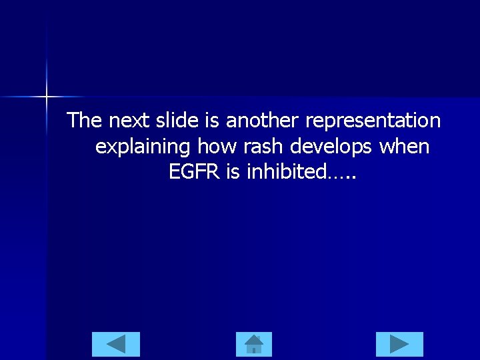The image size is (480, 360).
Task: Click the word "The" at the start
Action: coord(85,121)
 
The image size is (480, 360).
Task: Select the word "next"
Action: coord(131,121)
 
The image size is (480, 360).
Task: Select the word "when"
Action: coord(405,146)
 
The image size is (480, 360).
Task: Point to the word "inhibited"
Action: coord(287,171)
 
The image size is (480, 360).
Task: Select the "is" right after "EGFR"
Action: coord(233,171)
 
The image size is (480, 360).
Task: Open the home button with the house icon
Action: coord(254,344)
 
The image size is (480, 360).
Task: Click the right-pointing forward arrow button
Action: coord(399,344)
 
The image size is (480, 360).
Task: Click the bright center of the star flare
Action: coord(47,97)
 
